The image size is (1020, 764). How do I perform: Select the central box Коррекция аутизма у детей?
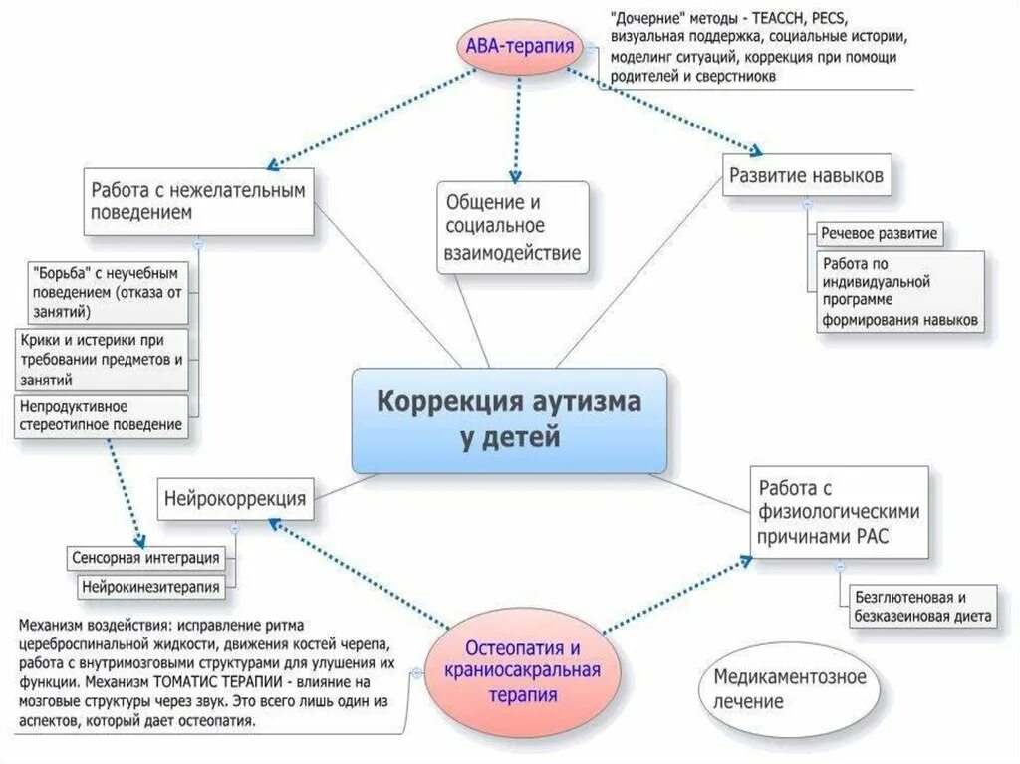[509, 420]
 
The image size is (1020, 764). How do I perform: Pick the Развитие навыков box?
[805, 177]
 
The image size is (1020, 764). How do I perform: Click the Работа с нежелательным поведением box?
[197, 201]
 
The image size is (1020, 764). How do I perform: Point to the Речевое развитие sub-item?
[879, 235]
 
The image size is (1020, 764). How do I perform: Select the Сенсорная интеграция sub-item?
[145, 557]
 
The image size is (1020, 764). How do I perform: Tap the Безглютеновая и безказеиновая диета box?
[921, 606]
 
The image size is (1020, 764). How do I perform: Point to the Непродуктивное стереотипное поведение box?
[102, 415]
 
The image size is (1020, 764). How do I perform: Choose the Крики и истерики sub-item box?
[102, 360]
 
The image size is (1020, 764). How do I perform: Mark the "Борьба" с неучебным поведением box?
[108, 291]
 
